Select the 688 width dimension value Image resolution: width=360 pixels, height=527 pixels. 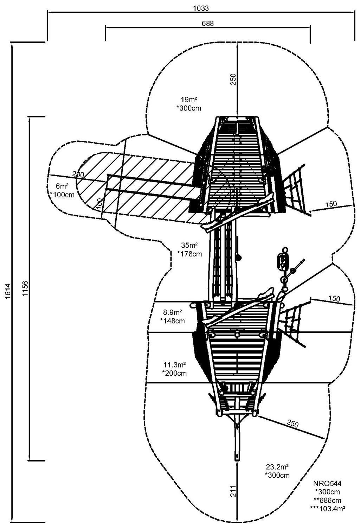pos(207,23)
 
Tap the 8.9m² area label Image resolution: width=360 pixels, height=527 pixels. pos(172,312)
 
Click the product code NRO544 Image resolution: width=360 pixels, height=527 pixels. pos(328,484)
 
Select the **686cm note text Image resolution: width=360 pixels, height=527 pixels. pos(328,500)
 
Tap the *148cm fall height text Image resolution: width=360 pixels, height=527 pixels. pos(172,320)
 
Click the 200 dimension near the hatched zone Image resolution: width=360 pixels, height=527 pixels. pos(78,174)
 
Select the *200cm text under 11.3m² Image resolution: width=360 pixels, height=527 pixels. pos(174,373)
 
